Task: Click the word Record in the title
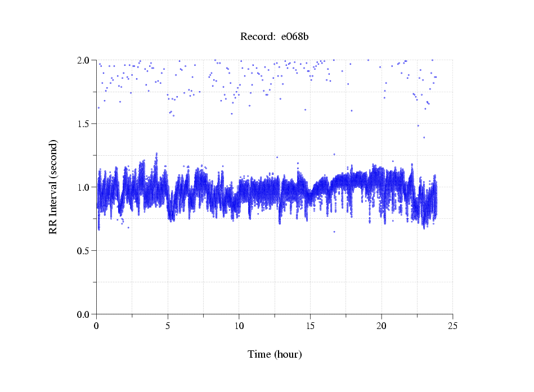[257, 37]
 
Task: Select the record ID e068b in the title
[295, 37]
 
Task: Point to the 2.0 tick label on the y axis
[84, 60]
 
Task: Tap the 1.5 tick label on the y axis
[84, 124]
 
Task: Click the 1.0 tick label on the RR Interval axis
[84, 187]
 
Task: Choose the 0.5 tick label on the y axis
[84, 251]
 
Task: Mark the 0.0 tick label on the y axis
[84, 314]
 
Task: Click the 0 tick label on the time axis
[97, 326]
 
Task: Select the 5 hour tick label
[168, 326]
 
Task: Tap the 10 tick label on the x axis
[239, 326]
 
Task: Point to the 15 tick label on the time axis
[310, 326]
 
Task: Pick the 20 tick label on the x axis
[382, 326]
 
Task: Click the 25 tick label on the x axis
[452, 326]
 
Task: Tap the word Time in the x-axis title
[259, 355]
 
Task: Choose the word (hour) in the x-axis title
[288, 355]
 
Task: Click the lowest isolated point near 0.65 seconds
[334, 232]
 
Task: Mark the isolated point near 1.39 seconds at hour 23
[424, 137]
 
